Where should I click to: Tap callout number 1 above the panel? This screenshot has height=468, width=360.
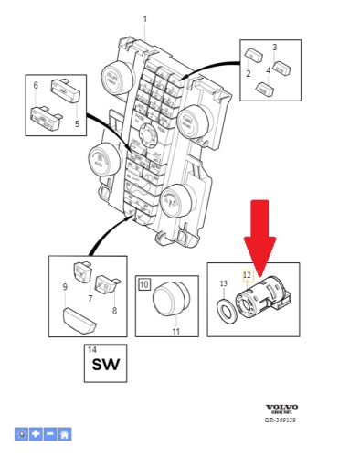pyautogui.click(x=144, y=19)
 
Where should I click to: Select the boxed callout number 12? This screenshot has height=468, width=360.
pyautogui.click(x=246, y=273)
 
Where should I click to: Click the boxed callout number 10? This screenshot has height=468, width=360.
pyautogui.click(x=144, y=285)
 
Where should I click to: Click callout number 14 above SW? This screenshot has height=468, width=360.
pyautogui.click(x=90, y=350)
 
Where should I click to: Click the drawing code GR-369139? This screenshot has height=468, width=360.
pyautogui.click(x=280, y=420)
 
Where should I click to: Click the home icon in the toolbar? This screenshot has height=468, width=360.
pyautogui.click(x=64, y=434)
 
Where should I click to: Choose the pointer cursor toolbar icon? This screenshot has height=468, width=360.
pyautogui.click(x=21, y=434)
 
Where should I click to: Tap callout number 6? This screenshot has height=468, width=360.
pyautogui.click(x=36, y=85)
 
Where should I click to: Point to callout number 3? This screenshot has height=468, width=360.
pyautogui.click(x=274, y=46)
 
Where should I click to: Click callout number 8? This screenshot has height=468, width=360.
pyautogui.click(x=115, y=310)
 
